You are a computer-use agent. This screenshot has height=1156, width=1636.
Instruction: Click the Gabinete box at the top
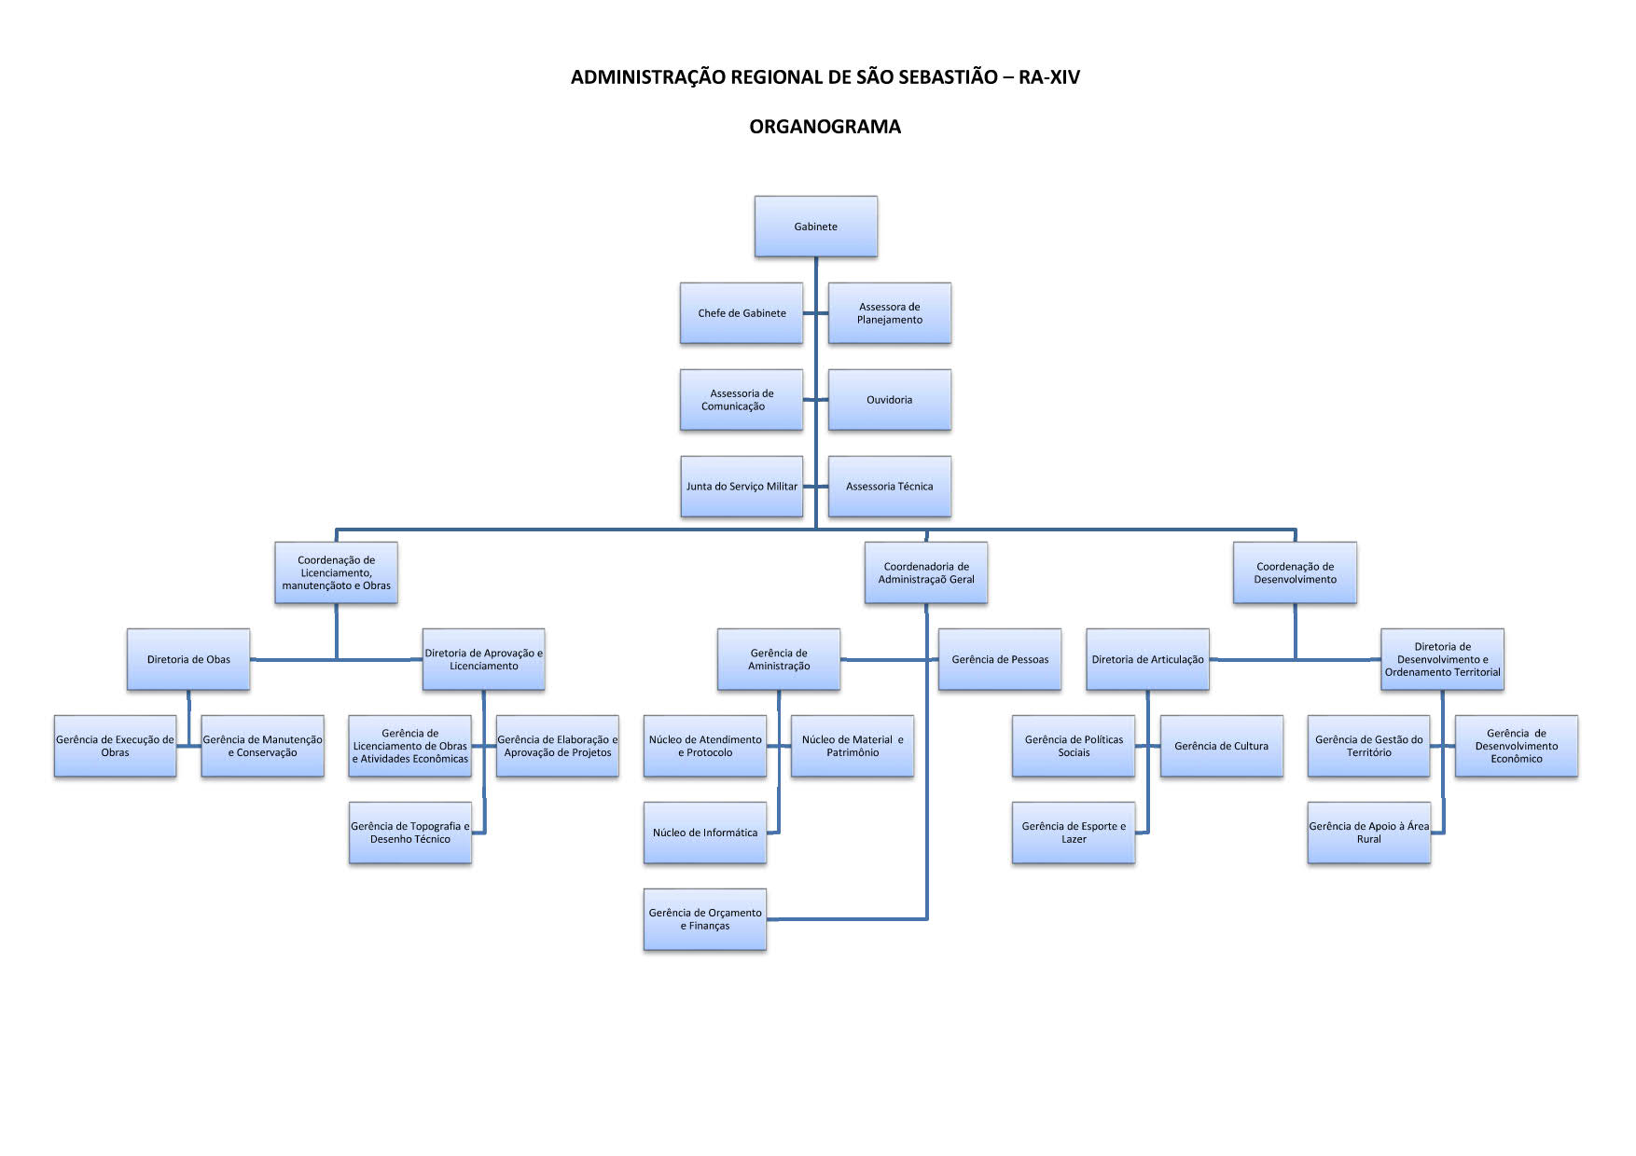[x=816, y=227]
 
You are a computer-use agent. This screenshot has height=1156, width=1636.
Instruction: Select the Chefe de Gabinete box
[x=742, y=313]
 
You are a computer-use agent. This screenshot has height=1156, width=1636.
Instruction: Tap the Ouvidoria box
[x=890, y=400]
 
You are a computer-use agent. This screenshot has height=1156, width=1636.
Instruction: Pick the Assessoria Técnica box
[x=890, y=487]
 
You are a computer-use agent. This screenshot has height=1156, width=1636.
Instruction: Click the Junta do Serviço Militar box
[x=742, y=487]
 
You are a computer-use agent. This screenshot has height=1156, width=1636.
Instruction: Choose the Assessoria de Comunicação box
[x=742, y=400]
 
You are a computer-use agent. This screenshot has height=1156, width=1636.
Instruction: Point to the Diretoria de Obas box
[x=188, y=659]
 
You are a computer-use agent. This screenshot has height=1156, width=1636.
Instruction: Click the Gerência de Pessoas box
[x=1000, y=659]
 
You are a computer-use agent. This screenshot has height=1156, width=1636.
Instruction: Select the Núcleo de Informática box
[x=705, y=833]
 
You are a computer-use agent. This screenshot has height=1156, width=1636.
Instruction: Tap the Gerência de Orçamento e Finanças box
[x=705, y=919]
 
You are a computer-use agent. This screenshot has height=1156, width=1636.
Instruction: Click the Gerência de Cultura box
[x=1222, y=746]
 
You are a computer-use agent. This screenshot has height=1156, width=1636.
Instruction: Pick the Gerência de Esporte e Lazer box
[x=1074, y=833]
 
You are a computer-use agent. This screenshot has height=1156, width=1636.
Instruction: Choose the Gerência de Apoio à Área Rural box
[x=1369, y=833]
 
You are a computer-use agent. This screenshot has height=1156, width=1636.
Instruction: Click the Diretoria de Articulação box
[x=1148, y=659]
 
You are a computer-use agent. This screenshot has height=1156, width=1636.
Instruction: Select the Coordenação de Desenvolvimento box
[x=1295, y=572]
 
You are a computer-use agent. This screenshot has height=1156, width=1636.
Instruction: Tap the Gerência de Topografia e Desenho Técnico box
[x=410, y=833]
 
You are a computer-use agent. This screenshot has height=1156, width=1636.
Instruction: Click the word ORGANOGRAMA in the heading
[x=825, y=127]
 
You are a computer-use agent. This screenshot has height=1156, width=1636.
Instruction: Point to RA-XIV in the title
[x=1049, y=77]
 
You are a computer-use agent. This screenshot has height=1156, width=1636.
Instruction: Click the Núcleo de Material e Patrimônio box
[x=853, y=746]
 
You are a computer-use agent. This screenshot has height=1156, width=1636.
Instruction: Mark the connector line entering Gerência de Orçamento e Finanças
[x=847, y=919]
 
